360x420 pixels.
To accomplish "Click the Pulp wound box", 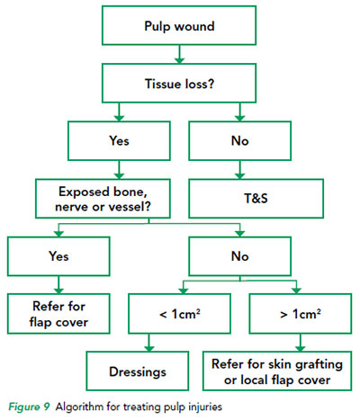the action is [x=179, y=26].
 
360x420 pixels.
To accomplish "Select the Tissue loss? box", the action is [x=179, y=84].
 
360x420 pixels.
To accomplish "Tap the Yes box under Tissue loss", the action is [x=119, y=141].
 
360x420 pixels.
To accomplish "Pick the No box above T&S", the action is [x=239, y=141].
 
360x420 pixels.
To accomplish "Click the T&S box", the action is [x=256, y=199].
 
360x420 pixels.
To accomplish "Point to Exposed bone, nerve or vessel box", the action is [x=103, y=199].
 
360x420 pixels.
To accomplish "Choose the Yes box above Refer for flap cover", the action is [x=58, y=256].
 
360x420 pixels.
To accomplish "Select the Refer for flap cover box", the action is [x=58, y=314].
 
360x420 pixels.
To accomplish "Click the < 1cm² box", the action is [x=179, y=314].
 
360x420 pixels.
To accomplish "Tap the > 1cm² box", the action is [x=301, y=314].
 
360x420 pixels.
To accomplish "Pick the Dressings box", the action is [x=138, y=371].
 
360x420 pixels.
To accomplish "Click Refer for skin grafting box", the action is [x=277, y=371].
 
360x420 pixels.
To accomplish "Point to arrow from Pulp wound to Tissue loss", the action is [x=179, y=55].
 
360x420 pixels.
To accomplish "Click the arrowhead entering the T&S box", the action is [x=239, y=175].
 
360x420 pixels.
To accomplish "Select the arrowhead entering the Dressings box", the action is [x=149, y=348].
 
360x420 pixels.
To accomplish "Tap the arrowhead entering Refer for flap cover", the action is [x=58, y=290].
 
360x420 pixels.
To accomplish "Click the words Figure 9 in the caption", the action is [x=29, y=407].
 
